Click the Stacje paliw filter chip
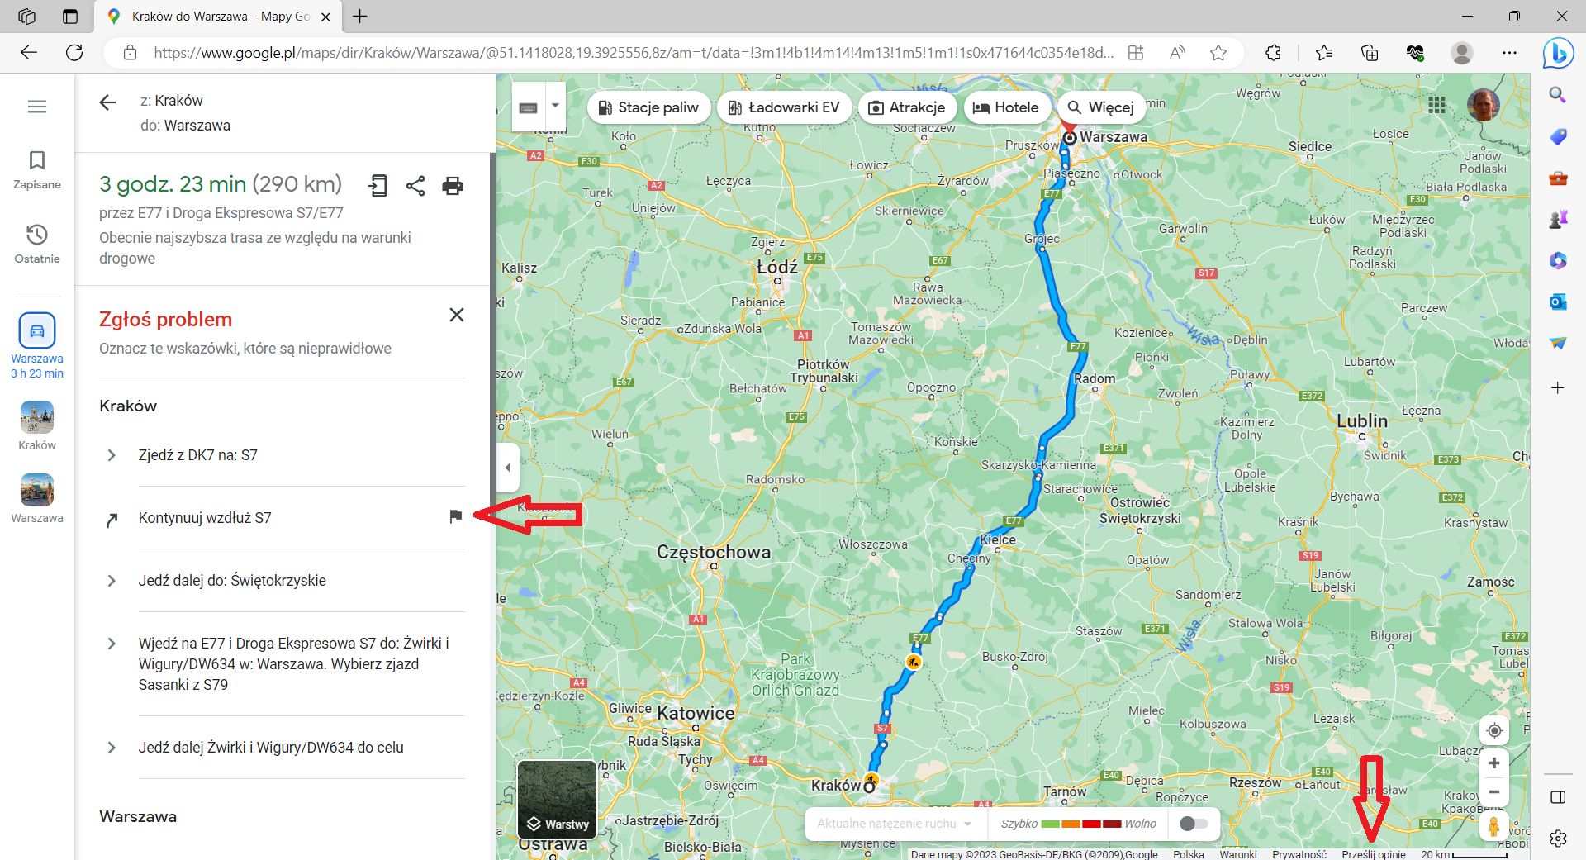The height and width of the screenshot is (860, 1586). (x=648, y=107)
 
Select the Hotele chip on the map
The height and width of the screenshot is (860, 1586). (x=1005, y=107)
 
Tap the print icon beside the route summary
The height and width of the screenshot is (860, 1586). (x=453, y=186)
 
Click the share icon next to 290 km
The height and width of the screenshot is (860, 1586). (x=415, y=186)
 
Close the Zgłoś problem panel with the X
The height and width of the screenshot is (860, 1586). (x=456, y=315)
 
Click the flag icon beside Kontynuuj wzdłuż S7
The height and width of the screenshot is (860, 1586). (x=455, y=516)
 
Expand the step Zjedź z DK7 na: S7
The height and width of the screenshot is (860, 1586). (x=112, y=455)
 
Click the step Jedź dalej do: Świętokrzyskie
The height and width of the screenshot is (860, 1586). (x=231, y=581)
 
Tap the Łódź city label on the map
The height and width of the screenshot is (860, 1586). (x=777, y=268)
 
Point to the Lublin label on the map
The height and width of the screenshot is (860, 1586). (x=1362, y=421)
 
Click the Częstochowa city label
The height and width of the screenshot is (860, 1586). (x=714, y=552)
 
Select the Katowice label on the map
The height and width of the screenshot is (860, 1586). (x=696, y=713)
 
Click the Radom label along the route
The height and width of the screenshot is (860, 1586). (x=1095, y=378)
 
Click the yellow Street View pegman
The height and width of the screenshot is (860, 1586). (x=1493, y=826)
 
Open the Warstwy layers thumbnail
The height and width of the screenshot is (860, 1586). (x=557, y=800)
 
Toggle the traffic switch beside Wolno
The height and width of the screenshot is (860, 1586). (x=1194, y=824)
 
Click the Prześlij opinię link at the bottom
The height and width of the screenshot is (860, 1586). (x=1373, y=854)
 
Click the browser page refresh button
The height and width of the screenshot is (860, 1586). (x=74, y=53)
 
